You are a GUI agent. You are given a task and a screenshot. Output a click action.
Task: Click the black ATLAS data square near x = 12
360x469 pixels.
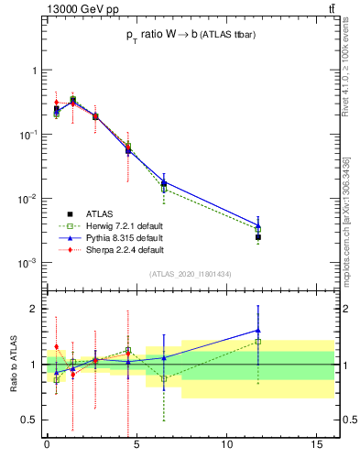(258, 237)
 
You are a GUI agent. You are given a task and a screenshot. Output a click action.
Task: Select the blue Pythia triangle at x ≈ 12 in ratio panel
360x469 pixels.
(258, 330)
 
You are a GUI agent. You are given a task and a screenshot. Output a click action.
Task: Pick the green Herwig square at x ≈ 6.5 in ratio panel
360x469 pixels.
(164, 378)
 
